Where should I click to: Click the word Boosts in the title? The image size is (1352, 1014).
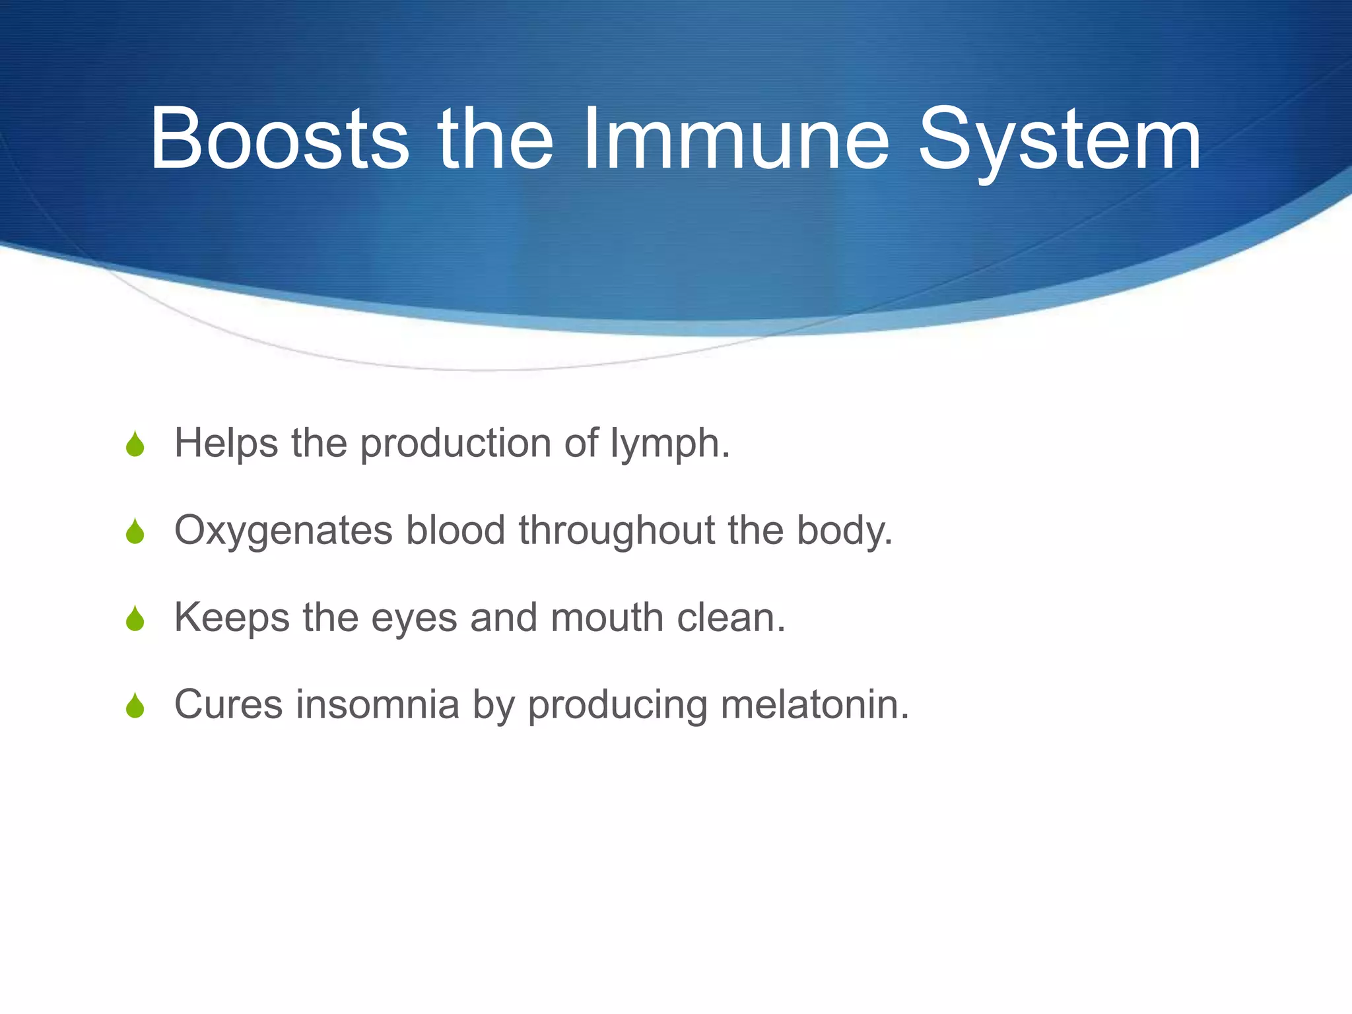coord(279,140)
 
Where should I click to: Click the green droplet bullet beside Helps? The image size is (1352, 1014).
coord(135,445)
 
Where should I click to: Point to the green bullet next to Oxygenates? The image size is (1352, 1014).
coord(135,532)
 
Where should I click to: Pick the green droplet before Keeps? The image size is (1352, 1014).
coord(135,619)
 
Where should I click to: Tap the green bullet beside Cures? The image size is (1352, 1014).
coord(135,706)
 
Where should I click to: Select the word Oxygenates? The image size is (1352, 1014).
coord(283,531)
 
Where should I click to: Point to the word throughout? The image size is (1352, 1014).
coord(617,531)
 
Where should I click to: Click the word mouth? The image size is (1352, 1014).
coord(607,618)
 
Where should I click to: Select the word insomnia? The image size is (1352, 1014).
coord(377,704)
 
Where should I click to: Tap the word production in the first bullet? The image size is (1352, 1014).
coord(456,444)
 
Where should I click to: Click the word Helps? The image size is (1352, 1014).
coord(226,444)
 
